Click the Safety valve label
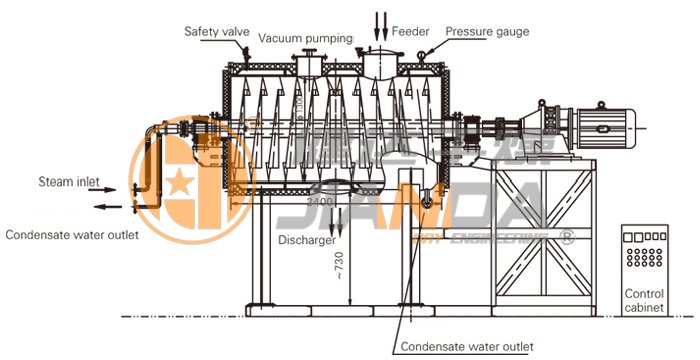(216, 31)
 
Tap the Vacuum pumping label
(305, 38)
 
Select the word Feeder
(410, 31)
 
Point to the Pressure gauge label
(487, 31)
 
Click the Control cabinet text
(644, 301)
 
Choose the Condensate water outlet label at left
(71, 236)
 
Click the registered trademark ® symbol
(568, 237)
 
